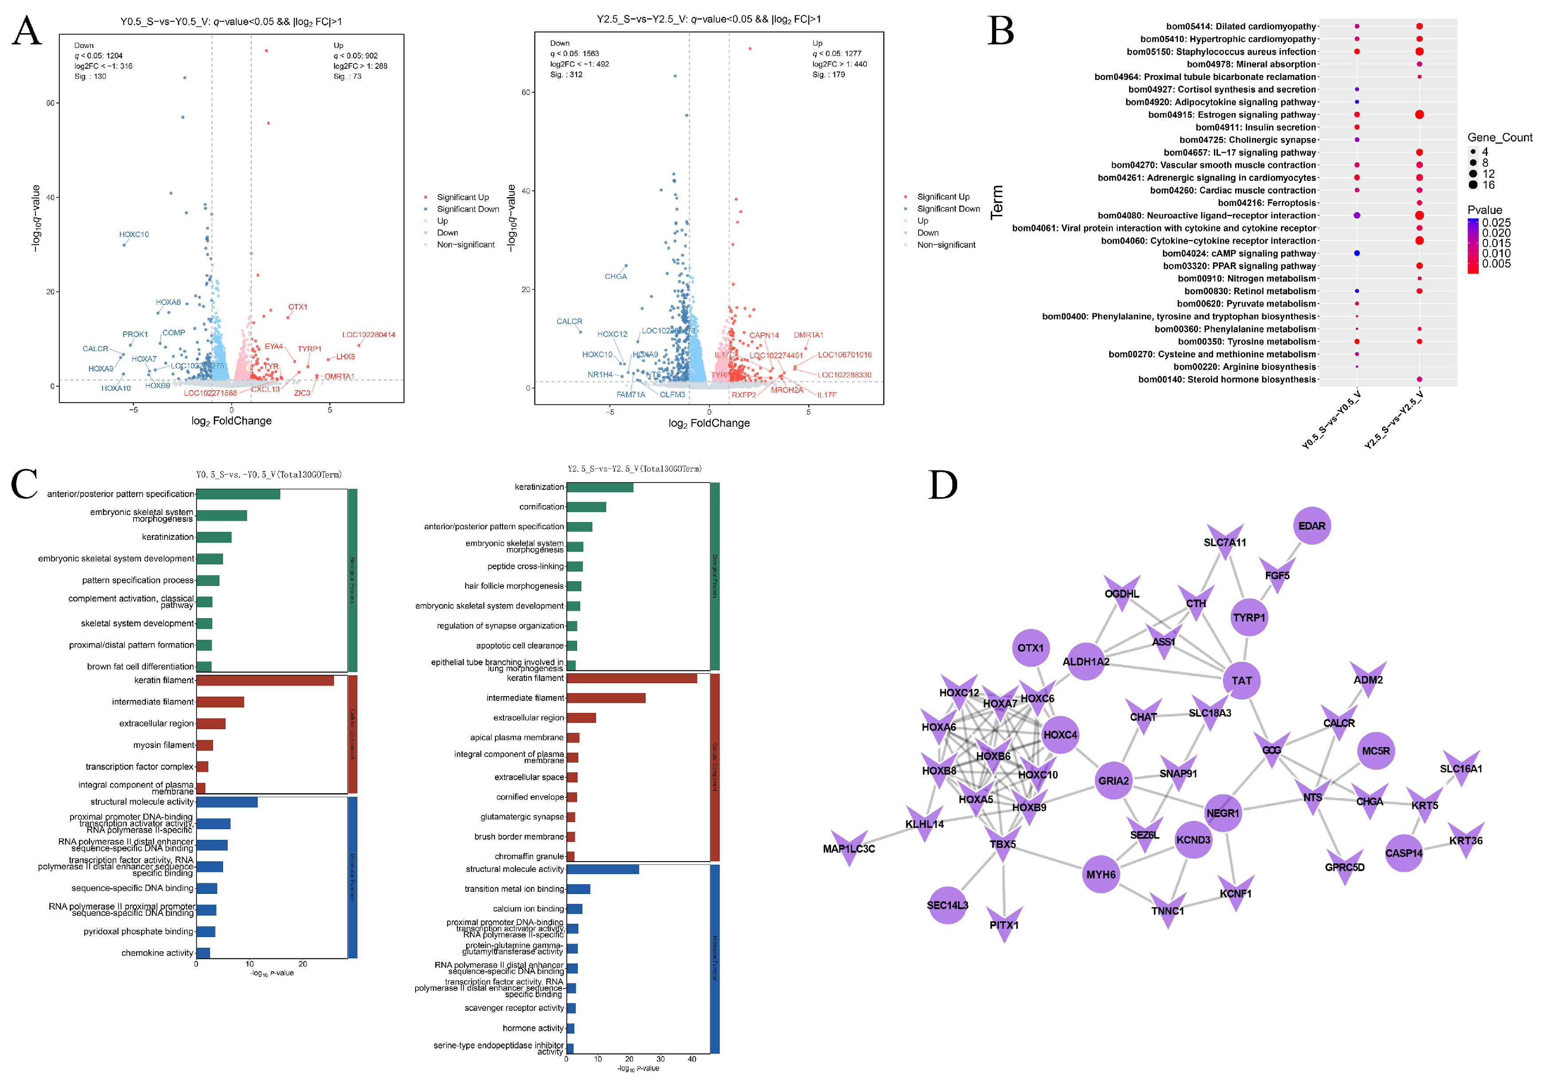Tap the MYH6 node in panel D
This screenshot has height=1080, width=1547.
click(1100, 874)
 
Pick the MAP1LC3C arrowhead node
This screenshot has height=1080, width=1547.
click(849, 848)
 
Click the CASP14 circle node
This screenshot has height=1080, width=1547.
click(1403, 853)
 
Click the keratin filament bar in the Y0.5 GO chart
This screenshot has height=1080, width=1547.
click(265, 680)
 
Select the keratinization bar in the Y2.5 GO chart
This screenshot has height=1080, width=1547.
click(600, 487)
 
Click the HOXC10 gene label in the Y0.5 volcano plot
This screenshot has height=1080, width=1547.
click(134, 235)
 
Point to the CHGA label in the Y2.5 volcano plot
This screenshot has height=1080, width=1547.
click(615, 277)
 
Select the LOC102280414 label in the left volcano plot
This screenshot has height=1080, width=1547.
click(369, 334)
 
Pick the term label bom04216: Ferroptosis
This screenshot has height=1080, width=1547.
click(1266, 203)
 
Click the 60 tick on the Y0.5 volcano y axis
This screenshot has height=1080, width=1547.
click(51, 103)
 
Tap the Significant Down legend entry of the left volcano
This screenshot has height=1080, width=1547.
click(467, 209)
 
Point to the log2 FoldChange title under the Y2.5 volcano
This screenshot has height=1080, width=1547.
click(709, 423)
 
